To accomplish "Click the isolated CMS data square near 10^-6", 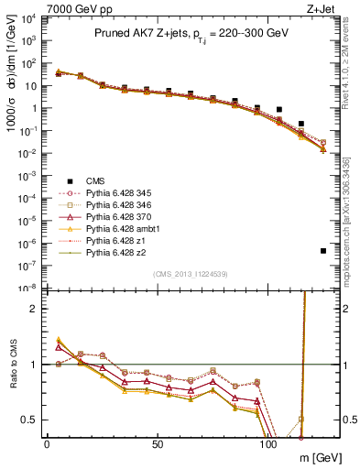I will coord(323,251).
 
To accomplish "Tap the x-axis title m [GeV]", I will coord(317,457).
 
